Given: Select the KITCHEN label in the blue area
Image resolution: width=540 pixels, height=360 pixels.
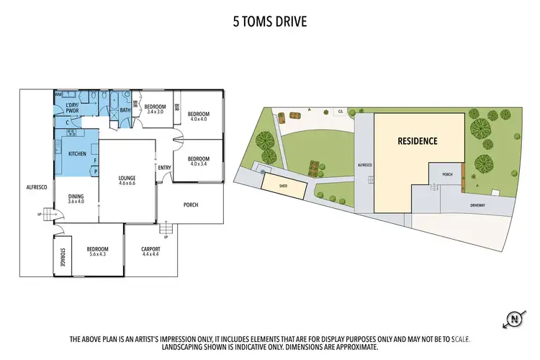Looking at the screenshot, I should (77, 154).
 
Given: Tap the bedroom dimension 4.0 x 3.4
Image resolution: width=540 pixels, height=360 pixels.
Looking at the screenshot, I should (198, 163).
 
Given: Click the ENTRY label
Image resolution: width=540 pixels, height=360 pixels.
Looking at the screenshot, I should (164, 168).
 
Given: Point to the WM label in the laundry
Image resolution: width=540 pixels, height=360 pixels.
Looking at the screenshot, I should (58, 95).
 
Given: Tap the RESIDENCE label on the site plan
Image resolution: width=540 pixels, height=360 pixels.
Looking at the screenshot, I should (418, 141).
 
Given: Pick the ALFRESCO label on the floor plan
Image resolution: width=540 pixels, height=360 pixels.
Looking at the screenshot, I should (37, 186).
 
